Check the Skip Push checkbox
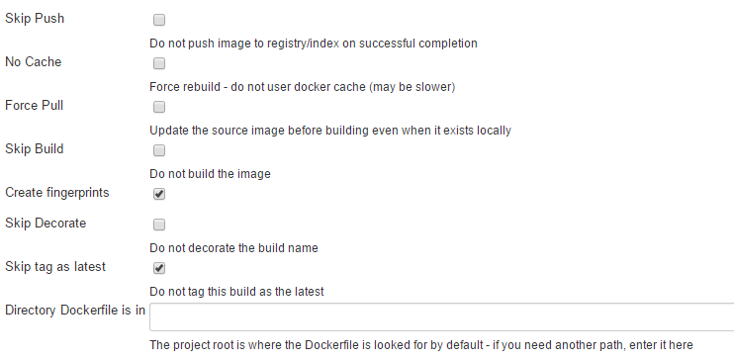coord(159,20)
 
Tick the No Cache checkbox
coord(159,63)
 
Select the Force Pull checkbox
coord(159,107)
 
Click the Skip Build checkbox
coord(159,150)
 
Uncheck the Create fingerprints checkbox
coord(159,194)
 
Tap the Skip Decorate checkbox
coord(159,225)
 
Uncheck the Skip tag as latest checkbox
coord(159,268)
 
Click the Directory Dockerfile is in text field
coord(441,315)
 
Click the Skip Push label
coord(37,19)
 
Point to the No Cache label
coord(34,62)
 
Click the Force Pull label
coord(35,106)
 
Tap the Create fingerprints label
coord(57,193)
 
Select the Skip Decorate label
coord(46,224)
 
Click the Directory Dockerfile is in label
coord(75,311)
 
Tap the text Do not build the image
coord(210,174)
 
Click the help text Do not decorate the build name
coord(233,248)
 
